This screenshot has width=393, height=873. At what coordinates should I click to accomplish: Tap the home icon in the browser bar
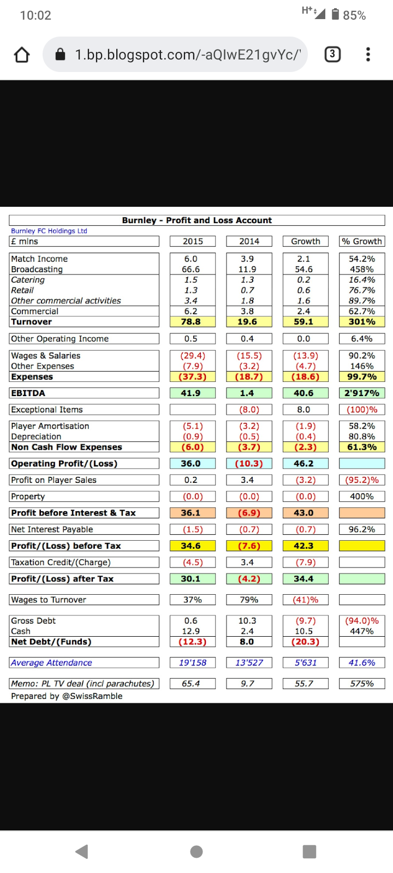tap(22, 55)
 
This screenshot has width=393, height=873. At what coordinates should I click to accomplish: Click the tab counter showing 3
tap(332, 54)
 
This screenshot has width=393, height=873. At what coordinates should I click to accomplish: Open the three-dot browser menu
tap(368, 54)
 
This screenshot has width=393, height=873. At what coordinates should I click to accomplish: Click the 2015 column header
tap(193, 241)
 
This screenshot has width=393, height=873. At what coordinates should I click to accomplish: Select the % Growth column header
tap(362, 241)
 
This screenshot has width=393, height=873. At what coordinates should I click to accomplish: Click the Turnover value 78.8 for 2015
tap(191, 322)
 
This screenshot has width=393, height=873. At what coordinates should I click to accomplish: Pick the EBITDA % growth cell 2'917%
tap(362, 393)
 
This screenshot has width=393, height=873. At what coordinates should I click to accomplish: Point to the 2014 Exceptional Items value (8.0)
tap(249, 409)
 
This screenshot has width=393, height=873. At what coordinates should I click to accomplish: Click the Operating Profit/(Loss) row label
tap(64, 464)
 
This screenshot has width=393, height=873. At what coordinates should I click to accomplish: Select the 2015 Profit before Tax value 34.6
tap(191, 546)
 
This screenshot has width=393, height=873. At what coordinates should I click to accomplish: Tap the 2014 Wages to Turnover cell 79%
tap(249, 600)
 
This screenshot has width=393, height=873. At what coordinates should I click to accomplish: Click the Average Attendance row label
tap(52, 662)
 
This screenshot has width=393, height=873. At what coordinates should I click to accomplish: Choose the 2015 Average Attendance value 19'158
tap(193, 662)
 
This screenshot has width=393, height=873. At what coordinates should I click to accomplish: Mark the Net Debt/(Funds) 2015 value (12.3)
tap(192, 642)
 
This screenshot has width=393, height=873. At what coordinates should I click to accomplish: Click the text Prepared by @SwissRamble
tap(67, 696)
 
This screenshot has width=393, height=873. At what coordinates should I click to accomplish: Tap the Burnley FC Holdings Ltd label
tap(49, 231)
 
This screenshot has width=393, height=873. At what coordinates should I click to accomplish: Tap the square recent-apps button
tap(309, 851)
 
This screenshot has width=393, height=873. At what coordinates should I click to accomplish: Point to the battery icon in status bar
tap(335, 15)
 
